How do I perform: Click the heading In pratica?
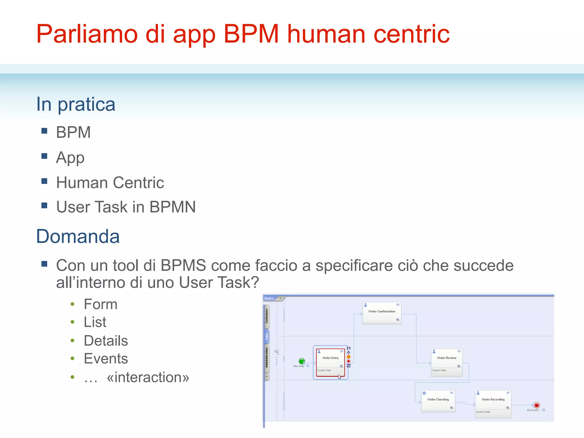click(x=76, y=104)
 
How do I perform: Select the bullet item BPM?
click(x=73, y=132)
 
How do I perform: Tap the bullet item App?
click(x=70, y=157)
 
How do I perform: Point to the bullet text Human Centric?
click(x=110, y=182)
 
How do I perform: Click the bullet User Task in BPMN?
click(x=126, y=207)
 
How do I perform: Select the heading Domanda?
click(x=78, y=236)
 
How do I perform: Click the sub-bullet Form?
click(x=100, y=304)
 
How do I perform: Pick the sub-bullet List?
click(x=95, y=322)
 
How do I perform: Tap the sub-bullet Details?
click(x=106, y=341)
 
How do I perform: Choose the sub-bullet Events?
click(x=106, y=359)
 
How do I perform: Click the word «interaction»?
click(x=148, y=377)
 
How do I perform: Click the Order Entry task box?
click(x=330, y=362)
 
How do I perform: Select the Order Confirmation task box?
click(x=382, y=313)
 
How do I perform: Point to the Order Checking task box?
click(x=438, y=401)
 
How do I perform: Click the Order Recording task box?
click(x=493, y=403)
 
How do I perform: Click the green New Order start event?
click(x=302, y=361)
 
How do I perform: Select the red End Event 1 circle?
click(x=536, y=405)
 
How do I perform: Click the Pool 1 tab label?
click(x=269, y=298)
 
